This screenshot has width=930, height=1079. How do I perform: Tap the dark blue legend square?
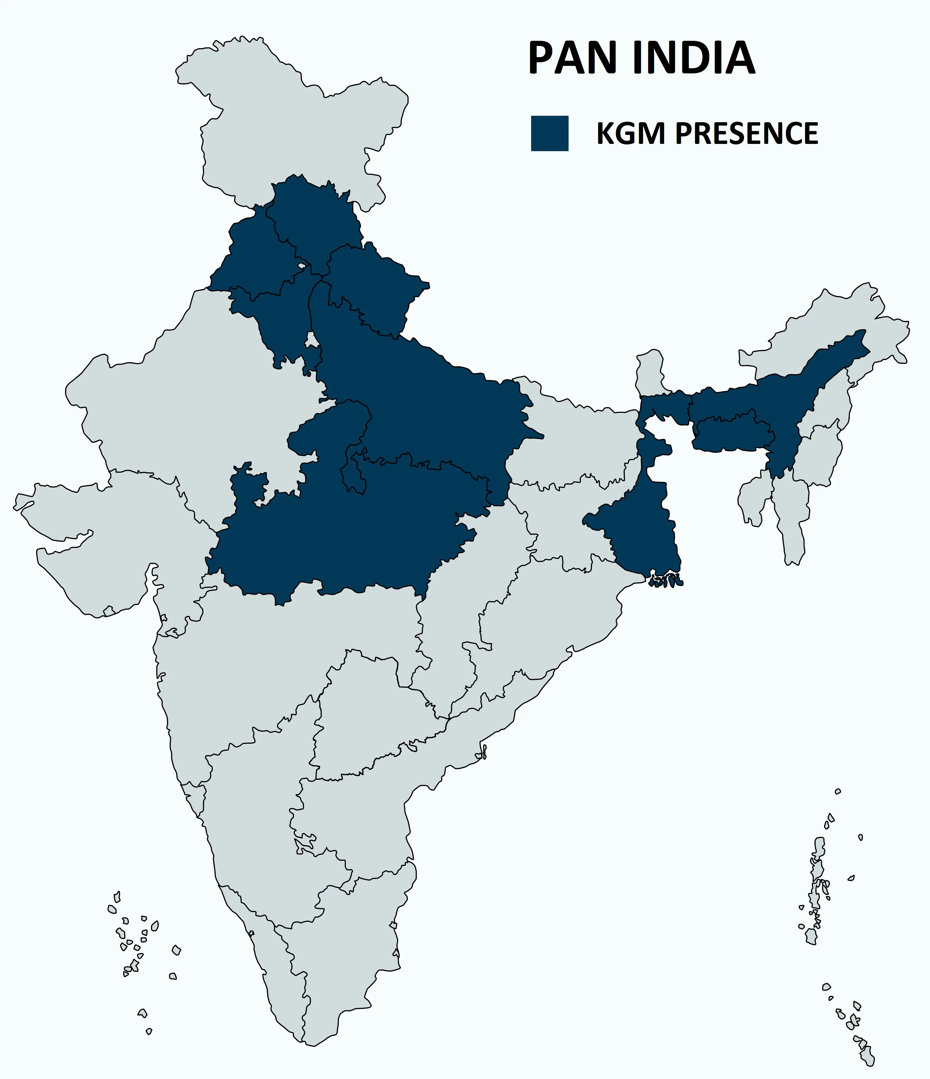pos(549,133)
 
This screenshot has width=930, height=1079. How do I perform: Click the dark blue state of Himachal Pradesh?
pos(312,219)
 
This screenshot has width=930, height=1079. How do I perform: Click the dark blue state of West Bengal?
pos(646,536)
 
